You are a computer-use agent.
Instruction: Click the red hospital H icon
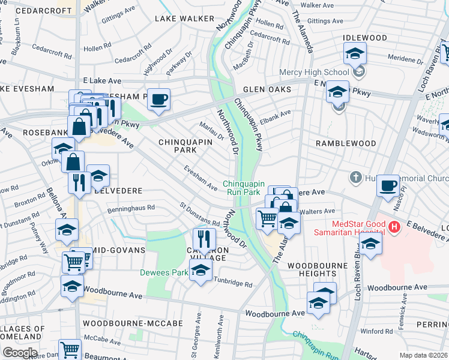pos(394,227)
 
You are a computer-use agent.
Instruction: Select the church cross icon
pos(355,178)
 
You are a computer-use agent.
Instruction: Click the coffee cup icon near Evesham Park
pos(158,99)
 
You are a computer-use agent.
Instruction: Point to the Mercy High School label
pos(314,73)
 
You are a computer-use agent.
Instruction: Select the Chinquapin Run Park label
pos(243,188)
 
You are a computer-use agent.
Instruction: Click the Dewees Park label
pos(163,272)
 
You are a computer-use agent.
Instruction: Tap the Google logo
pos(20,352)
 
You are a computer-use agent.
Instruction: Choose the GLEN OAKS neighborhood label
pos(267,89)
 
